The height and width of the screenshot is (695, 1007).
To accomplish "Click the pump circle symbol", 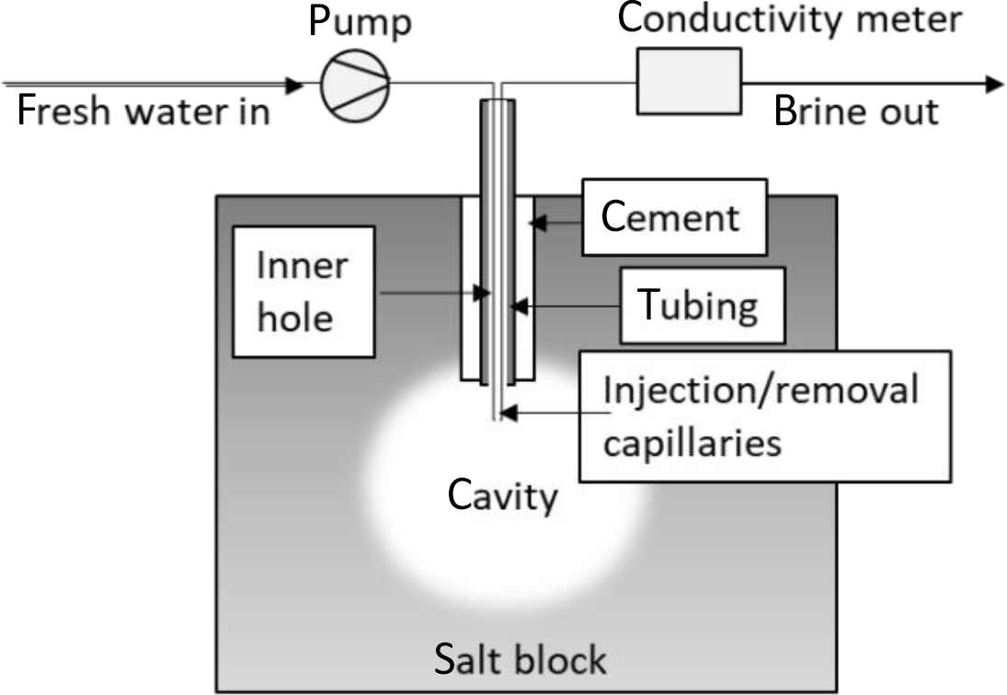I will pyautogui.click(x=355, y=85).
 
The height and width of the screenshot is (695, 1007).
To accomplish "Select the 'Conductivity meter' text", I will pyautogui.click(x=790, y=20).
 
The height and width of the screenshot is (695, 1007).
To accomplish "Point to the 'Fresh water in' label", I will pyautogui.click(x=143, y=112).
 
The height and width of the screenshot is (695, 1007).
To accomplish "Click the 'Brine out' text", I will pyautogui.click(x=856, y=112).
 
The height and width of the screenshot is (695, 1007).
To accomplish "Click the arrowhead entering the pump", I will pyautogui.click(x=293, y=85).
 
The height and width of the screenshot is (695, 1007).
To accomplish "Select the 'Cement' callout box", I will pyautogui.click(x=672, y=217).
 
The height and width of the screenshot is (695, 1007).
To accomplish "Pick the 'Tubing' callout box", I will pyautogui.click(x=702, y=305).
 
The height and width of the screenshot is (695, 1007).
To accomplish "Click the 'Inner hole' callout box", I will pyautogui.click(x=303, y=292).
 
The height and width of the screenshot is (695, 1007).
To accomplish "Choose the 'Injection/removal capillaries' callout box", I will pyautogui.click(x=763, y=415).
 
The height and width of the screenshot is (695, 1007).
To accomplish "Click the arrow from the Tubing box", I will pyautogui.click(x=566, y=305).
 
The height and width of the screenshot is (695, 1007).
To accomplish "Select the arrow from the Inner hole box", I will pyautogui.click(x=432, y=294).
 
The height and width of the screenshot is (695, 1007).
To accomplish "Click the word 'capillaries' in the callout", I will pyautogui.click(x=692, y=443).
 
